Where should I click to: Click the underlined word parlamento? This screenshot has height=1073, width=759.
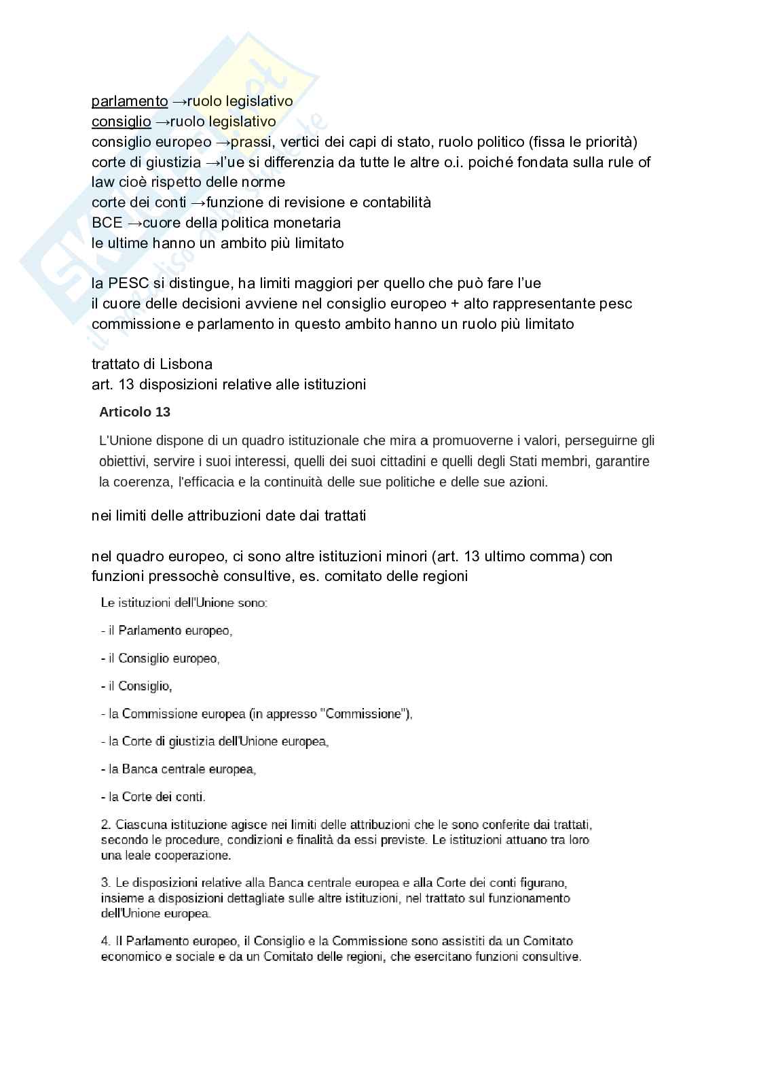click(x=130, y=101)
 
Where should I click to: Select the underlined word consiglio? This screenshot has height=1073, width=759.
click(x=121, y=122)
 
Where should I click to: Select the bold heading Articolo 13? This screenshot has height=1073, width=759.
click(x=134, y=412)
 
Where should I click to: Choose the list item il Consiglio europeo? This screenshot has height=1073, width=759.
click(x=160, y=658)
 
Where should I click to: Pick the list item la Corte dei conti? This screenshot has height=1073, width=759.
click(x=153, y=797)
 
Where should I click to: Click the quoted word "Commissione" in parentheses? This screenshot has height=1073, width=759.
click(x=363, y=714)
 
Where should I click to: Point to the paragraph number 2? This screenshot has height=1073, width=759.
click(x=105, y=825)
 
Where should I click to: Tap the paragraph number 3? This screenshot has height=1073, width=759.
click(x=105, y=883)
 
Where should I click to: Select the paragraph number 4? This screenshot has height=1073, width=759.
click(x=105, y=941)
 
